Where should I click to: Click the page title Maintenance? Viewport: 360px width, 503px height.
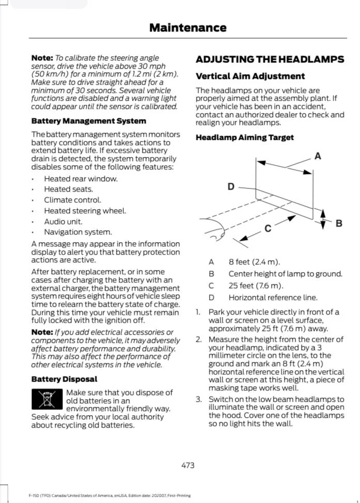[187, 28]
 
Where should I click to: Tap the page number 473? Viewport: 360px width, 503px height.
[188, 465]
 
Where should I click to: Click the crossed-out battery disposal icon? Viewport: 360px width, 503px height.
[46, 400]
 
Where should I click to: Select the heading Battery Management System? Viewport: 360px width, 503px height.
[89, 121]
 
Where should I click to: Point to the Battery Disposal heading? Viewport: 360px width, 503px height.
[64, 379]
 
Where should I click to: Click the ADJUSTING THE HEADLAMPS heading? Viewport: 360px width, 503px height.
[270, 59]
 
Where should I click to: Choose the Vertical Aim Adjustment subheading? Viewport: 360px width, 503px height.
[250, 76]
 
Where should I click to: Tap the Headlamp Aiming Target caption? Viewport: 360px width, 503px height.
[244, 137]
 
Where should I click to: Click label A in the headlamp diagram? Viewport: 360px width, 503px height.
[318, 156]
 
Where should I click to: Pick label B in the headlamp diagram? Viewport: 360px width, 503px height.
[339, 223]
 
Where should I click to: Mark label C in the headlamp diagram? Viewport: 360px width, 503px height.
[268, 229]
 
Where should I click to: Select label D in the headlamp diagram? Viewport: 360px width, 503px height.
[231, 186]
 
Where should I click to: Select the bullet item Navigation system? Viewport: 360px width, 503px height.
[77, 232]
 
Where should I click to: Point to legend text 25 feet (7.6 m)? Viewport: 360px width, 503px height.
[256, 286]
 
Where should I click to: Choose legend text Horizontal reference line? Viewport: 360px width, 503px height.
[273, 297]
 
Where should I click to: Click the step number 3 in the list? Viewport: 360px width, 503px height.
[198, 399]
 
